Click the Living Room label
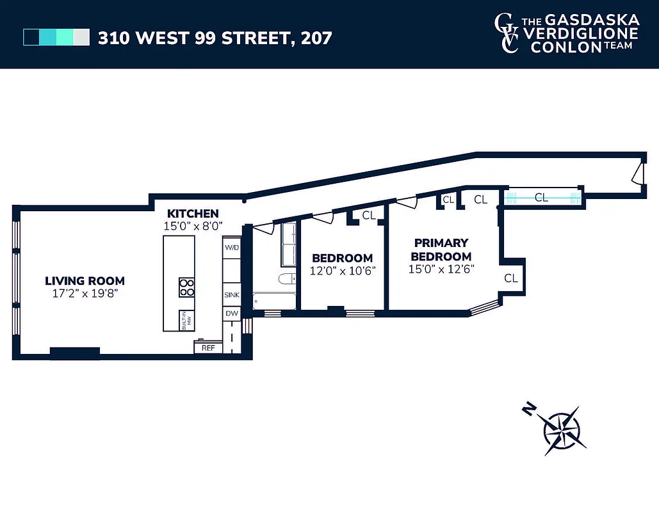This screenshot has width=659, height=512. click(x=85, y=281)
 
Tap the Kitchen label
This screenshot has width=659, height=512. click(x=193, y=214)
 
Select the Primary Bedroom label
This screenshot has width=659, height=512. click(x=441, y=250)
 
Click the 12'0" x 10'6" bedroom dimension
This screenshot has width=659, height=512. click(x=342, y=270)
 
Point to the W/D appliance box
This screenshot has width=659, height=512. click(x=231, y=248)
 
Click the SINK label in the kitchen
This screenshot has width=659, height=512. click(x=231, y=296)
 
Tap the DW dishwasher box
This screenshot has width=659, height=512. click(x=231, y=314)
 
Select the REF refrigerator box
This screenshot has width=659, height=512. click(x=208, y=348)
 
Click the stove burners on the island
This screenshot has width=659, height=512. click(x=186, y=287)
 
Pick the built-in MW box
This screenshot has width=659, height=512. click(x=186, y=319)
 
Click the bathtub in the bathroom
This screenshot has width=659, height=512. click(x=273, y=301)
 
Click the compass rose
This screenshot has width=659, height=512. click(x=562, y=430)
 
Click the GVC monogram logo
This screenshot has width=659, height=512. click(x=507, y=33)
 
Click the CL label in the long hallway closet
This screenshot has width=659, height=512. click(x=541, y=198)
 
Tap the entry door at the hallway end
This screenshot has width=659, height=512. click(x=637, y=175)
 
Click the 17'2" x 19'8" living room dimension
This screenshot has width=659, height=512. click(x=85, y=294)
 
